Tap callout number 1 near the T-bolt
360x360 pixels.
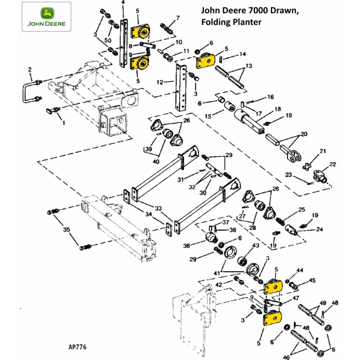[x=64, y=123]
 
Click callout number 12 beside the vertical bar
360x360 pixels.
[x=161, y=82]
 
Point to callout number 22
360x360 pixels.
[x=332, y=165]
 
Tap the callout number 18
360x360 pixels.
[x=277, y=109]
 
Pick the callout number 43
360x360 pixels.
[x=256, y=245]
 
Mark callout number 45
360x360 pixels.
[x=312, y=280]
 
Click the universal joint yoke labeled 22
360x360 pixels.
[x=320, y=176]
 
